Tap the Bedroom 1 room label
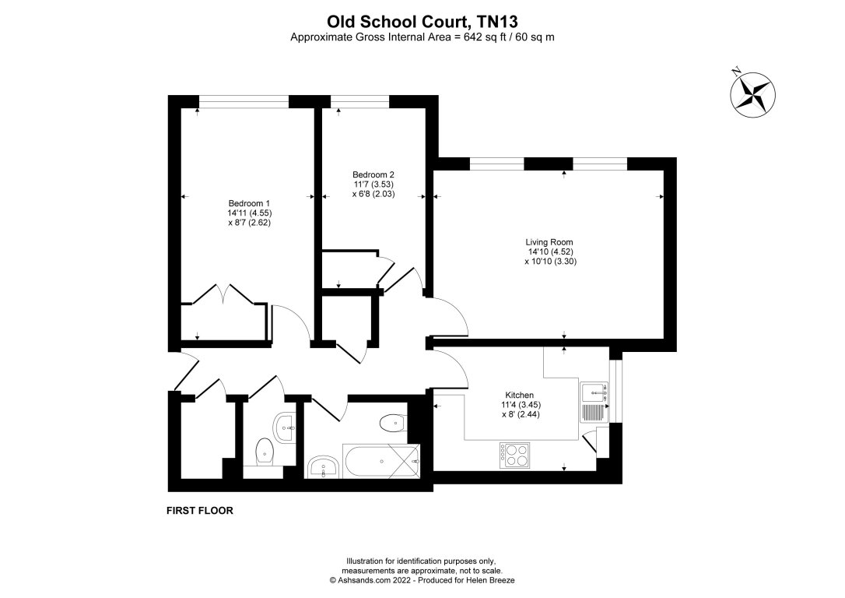(249, 202)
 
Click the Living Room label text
(550, 242)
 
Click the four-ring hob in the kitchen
(514, 454)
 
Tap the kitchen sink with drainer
(597, 403)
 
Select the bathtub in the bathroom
(381, 463)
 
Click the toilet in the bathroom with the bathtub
(391, 424)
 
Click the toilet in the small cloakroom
(265, 451)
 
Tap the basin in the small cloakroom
(284, 424)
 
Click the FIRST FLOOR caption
(200, 512)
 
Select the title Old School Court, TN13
(422, 23)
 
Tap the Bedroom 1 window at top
(244, 101)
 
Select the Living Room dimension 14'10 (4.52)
(550, 252)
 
